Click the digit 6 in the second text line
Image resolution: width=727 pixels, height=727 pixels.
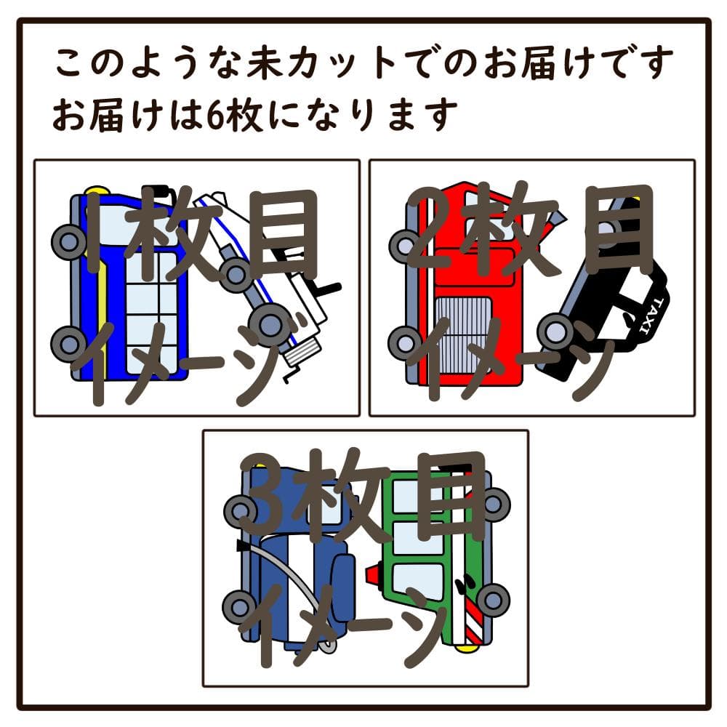tap(216, 114)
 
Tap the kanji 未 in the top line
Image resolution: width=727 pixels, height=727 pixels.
tap(265, 62)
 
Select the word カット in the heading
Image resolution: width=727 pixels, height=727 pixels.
tap(340, 62)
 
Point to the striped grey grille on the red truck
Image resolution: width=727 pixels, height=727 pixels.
tap(462, 334)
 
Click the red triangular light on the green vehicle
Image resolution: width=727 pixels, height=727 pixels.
tap(374, 574)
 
